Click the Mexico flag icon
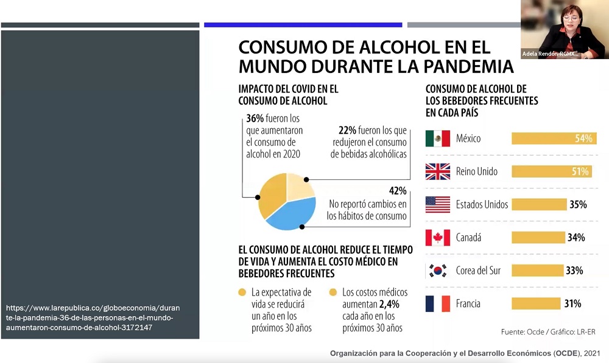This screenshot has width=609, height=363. point(437,139)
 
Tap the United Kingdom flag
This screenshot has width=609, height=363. point(437,171)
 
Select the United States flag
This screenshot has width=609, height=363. point(437,204)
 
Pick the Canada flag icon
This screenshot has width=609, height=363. point(437,237)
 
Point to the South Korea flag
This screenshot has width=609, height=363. point(437,271)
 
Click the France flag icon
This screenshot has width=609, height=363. point(437,303)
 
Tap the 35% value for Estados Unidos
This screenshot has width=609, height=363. point(577,204)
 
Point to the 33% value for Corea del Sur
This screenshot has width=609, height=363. point(574,271)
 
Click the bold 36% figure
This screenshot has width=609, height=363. point(255,119)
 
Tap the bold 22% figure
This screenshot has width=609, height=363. point(347,130)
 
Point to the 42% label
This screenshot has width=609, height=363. point(397,191)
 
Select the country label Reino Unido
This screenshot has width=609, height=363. point(477,171)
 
